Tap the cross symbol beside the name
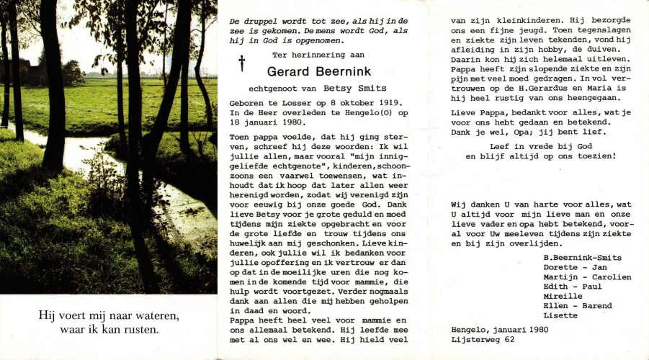pyautogui.click(x=242, y=63)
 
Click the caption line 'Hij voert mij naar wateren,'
pyautogui.click(x=109, y=316)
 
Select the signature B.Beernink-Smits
pyautogui.click(x=583, y=257)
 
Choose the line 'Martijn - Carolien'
pyautogui.click(x=587, y=277)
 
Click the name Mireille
pyautogui.click(x=564, y=296)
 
